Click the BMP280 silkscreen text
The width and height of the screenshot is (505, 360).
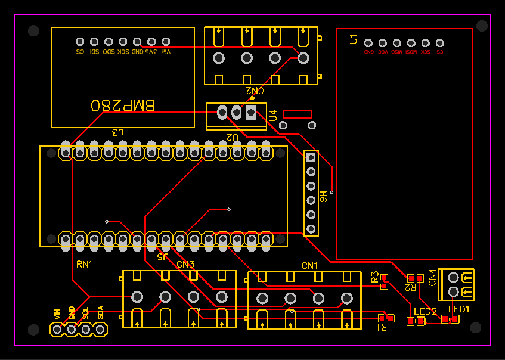click(123, 106)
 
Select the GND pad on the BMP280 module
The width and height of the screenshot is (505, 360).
click(137, 42)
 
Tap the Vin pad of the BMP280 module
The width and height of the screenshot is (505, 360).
click(166, 42)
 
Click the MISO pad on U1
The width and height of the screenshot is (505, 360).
click(397, 43)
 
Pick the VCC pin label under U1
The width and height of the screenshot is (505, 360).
click(383, 52)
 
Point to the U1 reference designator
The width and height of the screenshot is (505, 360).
click(354, 39)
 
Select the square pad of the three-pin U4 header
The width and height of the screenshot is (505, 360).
click(251, 111)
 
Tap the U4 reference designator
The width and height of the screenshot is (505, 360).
click(273, 116)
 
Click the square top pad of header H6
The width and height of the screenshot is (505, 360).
click(311, 158)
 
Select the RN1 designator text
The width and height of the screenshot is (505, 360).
click(84, 263)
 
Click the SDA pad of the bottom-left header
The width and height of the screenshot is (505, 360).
click(100, 328)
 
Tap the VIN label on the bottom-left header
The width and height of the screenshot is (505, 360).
click(57, 313)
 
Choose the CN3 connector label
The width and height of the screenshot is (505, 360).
click(185, 264)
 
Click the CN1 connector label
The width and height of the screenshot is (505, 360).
click(309, 265)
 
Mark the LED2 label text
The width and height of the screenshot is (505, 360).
click(425, 311)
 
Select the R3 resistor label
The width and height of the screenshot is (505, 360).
click(375, 277)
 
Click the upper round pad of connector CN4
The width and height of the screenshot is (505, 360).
click(454, 278)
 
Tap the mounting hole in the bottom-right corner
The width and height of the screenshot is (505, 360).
click(475, 327)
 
